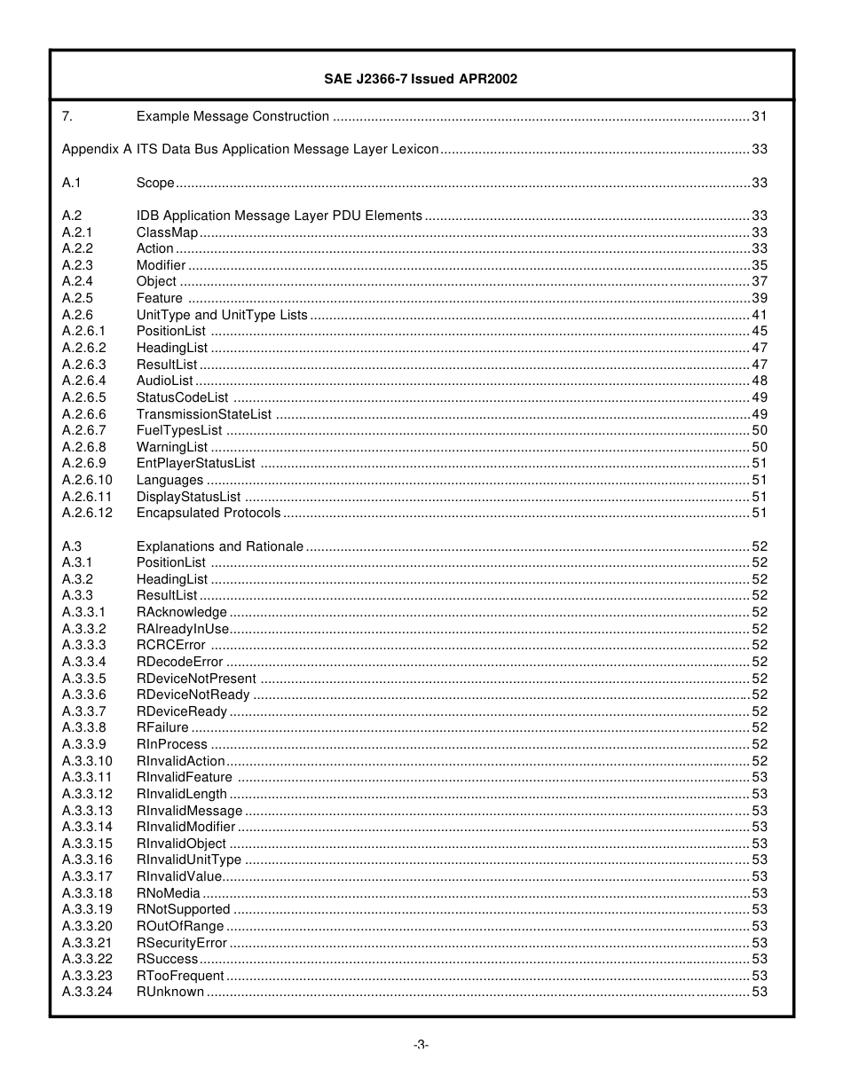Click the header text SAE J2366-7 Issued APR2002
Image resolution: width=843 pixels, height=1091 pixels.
point(421,79)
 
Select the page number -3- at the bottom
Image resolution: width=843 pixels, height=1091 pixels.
point(421,1045)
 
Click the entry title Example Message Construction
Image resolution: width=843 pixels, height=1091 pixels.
point(232,116)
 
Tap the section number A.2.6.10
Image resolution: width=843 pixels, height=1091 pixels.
point(87,480)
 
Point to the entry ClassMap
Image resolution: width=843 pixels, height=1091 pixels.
point(167,232)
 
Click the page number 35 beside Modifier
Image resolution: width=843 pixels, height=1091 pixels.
point(760,265)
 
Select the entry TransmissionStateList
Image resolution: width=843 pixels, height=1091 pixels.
point(204,414)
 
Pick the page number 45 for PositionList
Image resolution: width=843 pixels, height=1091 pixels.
point(760,331)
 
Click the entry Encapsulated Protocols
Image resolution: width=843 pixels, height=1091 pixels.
point(209,513)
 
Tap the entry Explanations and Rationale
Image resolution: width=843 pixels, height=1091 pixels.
point(219,546)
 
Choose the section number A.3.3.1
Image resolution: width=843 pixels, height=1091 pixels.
point(83,612)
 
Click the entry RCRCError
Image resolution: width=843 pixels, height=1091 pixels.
point(170,645)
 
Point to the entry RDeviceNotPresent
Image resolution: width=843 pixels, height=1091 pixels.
point(196,679)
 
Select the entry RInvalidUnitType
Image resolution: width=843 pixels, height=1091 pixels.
point(189,859)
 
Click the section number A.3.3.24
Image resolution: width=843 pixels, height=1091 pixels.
point(87,992)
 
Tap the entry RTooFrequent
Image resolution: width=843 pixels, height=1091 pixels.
point(180,976)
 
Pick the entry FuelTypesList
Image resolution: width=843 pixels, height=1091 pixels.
point(179,430)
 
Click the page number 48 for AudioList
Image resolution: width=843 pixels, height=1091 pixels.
point(760,381)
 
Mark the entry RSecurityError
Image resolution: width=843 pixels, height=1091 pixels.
point(182,943)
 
